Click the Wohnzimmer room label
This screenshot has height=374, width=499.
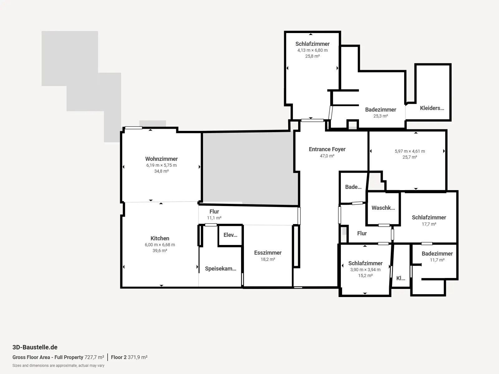pos(162,159)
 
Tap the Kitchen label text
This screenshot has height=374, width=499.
pos(160,238)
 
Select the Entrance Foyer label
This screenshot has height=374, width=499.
pos(327,149)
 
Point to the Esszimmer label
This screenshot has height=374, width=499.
pos(268,252)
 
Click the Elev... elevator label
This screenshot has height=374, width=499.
pos(230,235)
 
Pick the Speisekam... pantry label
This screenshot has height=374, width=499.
pos(220,268)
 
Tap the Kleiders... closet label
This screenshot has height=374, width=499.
pos(432,108)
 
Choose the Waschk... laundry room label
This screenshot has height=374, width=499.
pos(383,208)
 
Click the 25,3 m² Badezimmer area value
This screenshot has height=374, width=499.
pos(380,116)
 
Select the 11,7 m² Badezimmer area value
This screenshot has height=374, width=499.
pos(437,260)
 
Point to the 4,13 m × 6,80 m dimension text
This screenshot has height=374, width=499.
pos(312,50)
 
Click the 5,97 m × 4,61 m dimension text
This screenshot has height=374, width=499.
pos(410,151)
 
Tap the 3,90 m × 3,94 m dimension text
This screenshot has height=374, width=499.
pos(365,270)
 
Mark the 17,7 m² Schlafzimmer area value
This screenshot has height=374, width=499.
pos(429,224)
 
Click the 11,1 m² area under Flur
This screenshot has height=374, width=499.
pos(214,218)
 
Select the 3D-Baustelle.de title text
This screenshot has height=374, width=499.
pos(35,347)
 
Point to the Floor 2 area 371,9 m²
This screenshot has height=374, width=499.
pos(129,357)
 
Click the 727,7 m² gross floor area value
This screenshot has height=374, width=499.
pos(94,357)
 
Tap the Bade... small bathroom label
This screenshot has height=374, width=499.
pos(353,187)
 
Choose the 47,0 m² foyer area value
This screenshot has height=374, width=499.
pos(327,156)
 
